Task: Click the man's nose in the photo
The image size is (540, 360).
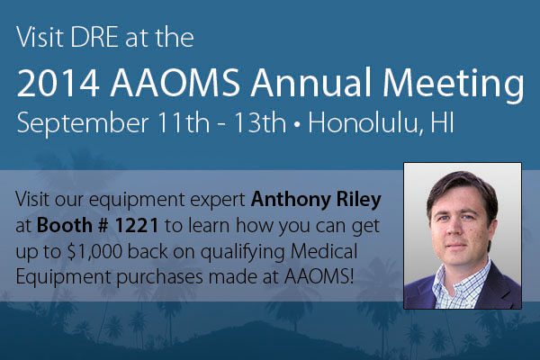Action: click(x=467, y=224)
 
